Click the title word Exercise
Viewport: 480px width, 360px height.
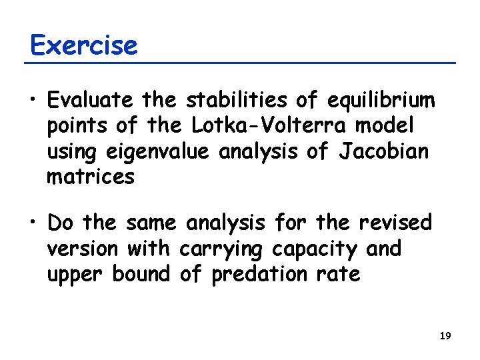(x=84, y=45)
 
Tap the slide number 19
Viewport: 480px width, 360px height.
(x=445, y=336)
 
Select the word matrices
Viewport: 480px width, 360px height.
(x=91, y=177)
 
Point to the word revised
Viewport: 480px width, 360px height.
(x=395, y=221)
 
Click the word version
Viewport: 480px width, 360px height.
(x=82, y=249)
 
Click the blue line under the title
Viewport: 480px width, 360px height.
(x=240, y=63)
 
